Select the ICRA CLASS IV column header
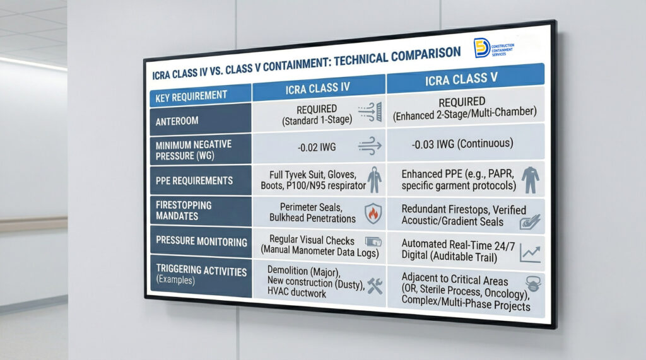click(318, 87)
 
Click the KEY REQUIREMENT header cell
click(191, 96)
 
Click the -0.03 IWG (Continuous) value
click(462, 144)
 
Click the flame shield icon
click(372, 212)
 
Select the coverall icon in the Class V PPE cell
click(529, 178)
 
